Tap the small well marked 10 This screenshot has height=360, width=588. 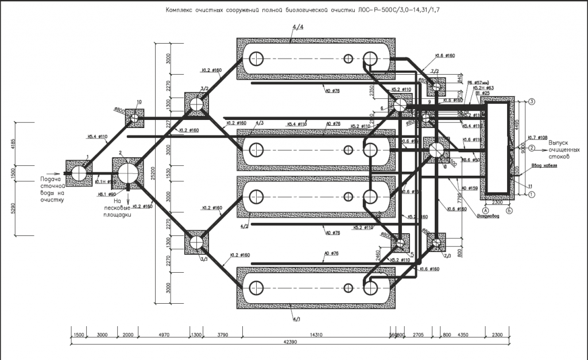coord(135,118)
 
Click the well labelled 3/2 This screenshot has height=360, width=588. coord(196,104)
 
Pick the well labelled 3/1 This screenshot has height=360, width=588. coord(196,242)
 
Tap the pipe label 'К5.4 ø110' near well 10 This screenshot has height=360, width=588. coord(98,137)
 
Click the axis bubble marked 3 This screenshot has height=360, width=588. coord(532,102)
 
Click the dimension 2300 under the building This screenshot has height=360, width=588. coord(498,202)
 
